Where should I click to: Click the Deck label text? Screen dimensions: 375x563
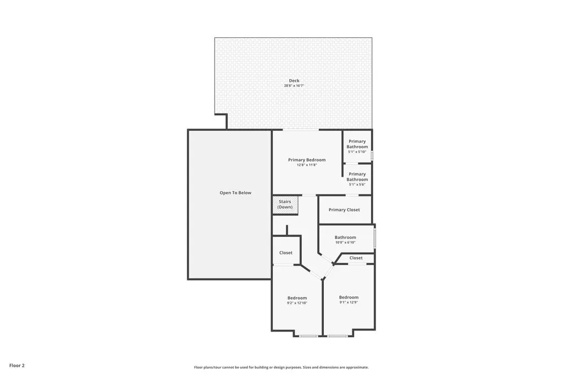tap(294, 81)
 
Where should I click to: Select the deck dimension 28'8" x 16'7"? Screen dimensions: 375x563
tap(294, 86)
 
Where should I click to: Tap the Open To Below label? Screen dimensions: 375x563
tap(235, 193)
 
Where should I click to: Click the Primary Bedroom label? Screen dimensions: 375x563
tap(307, 160)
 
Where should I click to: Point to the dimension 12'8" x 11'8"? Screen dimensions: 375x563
tap(307, 165)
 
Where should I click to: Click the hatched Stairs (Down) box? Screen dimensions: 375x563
tap(285, 205)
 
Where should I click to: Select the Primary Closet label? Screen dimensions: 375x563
tap(344, 210)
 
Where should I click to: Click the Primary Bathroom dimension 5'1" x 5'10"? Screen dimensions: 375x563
tap(357, 152)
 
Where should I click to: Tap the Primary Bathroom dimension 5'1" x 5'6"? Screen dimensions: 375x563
tap(357, 184)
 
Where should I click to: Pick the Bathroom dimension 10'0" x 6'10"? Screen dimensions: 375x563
tap(345, 242)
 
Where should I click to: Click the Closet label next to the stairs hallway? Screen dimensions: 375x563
tap(286, 253)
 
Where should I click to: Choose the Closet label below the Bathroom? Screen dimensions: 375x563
tap(356, 258)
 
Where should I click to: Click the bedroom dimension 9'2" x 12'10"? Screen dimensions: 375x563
tap(297, 303)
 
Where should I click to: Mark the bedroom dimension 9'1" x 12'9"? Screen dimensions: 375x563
tap(349, 303)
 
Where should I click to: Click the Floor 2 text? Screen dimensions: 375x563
tap(17, 365)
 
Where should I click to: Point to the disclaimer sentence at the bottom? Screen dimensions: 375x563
tap(281, 367)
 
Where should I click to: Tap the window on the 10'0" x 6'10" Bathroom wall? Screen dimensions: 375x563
tap(374, 238)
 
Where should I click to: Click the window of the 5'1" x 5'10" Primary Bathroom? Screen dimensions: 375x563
tap(372, 155)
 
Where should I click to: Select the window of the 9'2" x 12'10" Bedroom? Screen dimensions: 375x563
tap(308, 335)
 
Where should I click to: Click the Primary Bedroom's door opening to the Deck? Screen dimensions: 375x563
tap(300, 130)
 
